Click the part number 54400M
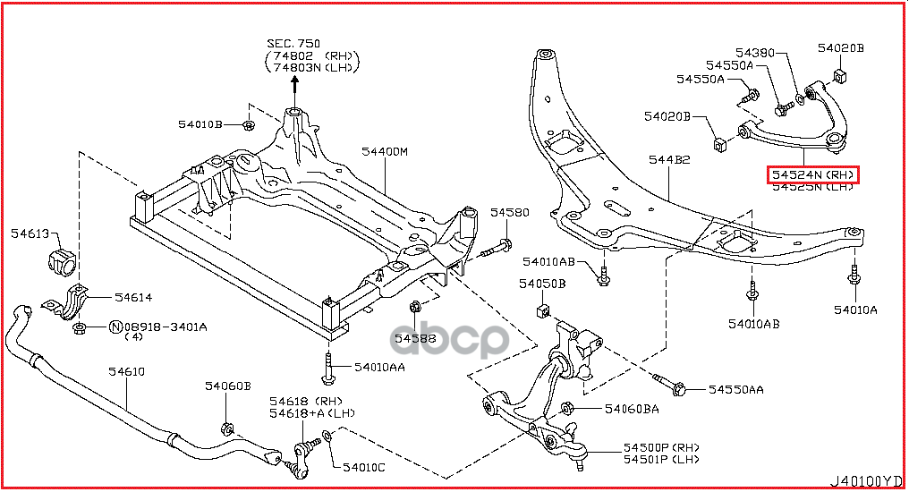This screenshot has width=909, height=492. tap(386, 151)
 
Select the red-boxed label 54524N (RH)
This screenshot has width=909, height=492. tap(812, 174)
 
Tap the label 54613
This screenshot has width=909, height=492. tap(31, 234)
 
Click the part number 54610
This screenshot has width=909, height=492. tap(127, 371)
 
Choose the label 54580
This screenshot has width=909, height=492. tap(509, 213)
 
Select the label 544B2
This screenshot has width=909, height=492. tap(669, 159)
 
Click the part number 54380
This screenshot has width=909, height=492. tap(756, 52)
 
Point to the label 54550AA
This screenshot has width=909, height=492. tap(736, 389)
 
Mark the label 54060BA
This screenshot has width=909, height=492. tap(632, 409)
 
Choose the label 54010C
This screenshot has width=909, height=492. tap(361, 468)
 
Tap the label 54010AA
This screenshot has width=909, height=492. tap(379, 367)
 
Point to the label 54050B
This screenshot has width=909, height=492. tap(542, 284)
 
